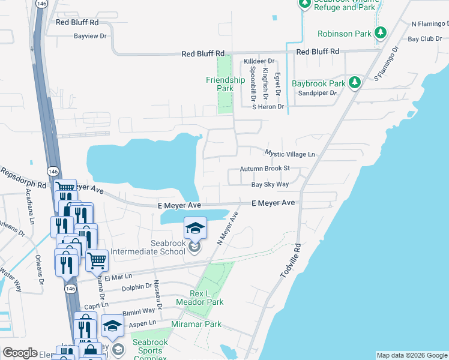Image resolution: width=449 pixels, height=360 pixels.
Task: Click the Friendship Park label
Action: coord(225,84)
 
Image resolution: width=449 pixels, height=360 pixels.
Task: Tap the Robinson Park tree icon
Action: coord(379,32)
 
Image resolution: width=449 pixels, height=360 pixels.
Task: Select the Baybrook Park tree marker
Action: coord(355,82)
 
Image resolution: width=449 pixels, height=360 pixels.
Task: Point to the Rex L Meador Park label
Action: coord(198,298)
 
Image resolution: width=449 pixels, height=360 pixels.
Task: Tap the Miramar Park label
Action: coord(196,325)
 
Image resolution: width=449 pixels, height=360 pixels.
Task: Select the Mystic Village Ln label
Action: coord(290,154)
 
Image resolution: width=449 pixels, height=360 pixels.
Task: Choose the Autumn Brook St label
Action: coord(265,169)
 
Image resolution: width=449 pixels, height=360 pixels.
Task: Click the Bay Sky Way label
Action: coord(270,185)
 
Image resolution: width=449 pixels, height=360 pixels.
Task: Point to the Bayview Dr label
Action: coord(89,36)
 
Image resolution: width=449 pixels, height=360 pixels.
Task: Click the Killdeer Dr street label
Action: coord(259,61)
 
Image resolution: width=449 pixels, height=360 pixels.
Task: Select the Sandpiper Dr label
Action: coord(318,93)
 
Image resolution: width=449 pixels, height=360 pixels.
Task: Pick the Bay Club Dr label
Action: coord(424,39)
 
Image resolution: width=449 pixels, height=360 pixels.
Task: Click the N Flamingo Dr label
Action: coord(430,24)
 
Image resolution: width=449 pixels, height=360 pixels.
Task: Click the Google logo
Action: coord(20,353)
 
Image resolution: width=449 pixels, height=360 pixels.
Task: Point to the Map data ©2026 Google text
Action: coord(412,355)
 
